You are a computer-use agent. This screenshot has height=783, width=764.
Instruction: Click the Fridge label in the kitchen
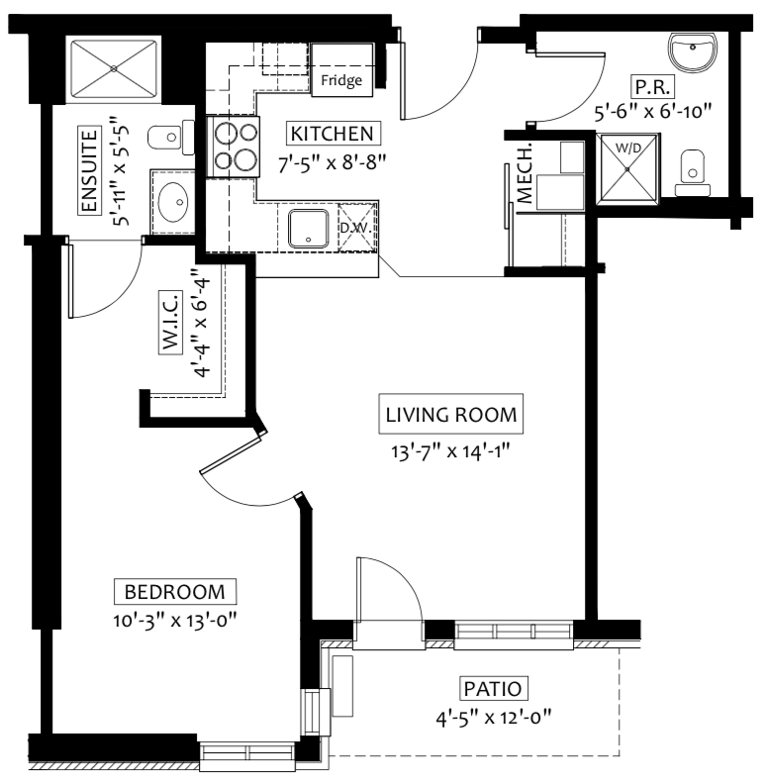point(341,80)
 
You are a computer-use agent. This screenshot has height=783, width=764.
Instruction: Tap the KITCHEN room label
point(333,134)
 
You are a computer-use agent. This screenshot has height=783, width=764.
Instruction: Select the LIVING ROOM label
point(451,415)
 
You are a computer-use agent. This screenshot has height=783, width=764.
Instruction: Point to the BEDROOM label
point(175,592)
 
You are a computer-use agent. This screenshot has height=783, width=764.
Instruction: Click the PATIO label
point(493,689)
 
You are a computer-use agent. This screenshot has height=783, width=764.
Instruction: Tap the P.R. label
point(652,87)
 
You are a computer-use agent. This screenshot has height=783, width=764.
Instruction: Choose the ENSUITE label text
point(89,171)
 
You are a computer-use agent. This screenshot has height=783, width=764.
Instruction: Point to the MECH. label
point(525,174)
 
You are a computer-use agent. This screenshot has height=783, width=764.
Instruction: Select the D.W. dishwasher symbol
point(357,228)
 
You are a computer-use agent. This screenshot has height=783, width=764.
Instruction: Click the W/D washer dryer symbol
point(628,169)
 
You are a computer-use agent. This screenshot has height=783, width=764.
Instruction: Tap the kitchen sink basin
point(308,229)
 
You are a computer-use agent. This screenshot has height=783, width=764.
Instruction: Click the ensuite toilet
point(171,138)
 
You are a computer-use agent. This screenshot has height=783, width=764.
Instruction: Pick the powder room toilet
point(693,173)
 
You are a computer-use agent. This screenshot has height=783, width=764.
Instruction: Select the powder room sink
point(692,51)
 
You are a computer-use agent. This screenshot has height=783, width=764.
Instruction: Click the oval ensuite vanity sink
point(173,202)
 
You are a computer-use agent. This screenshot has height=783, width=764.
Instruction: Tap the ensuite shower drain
point(114,69)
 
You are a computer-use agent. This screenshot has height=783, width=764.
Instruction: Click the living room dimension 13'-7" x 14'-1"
point(450,451)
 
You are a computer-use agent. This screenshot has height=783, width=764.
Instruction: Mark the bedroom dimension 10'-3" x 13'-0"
point(174,621)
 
